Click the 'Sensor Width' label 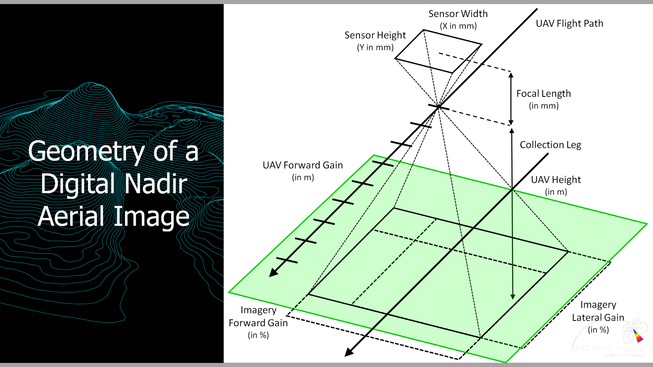(458, 14)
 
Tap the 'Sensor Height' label (375, 35)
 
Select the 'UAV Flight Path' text (569, 23)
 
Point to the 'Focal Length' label (544, 94)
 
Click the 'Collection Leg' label (550, 145)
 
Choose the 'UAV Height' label (556, 180)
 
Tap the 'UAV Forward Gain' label (303, 165)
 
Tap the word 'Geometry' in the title (86, 151)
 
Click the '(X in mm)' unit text (458, 26)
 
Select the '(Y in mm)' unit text (375, 48)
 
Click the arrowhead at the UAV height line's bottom (513, 297)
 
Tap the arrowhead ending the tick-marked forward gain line (273, 273)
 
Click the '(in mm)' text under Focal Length (544, 106)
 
